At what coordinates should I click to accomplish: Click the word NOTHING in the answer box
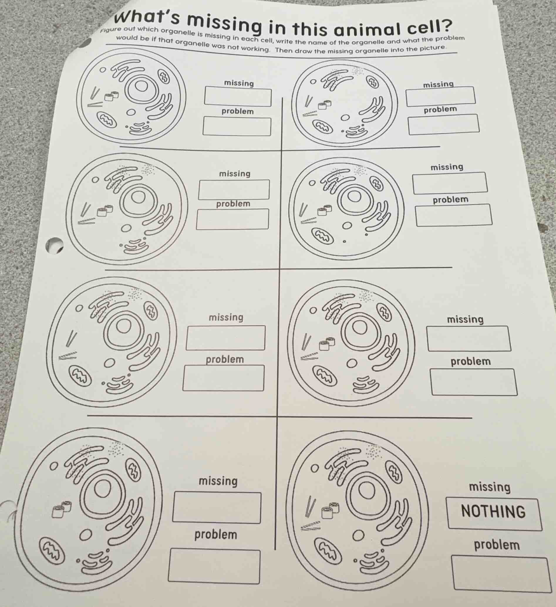coord(493,512)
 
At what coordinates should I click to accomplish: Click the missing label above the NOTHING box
coord(490,487)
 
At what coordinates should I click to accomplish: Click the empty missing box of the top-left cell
coord(238,96)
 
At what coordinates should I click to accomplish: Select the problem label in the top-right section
coord(440,110)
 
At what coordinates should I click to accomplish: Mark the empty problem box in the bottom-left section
coord(214,566)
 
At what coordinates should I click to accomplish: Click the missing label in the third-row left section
coord(226,317)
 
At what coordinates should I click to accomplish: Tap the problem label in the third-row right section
coord(471,361)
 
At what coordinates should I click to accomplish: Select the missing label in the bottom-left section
coord(218,481)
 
